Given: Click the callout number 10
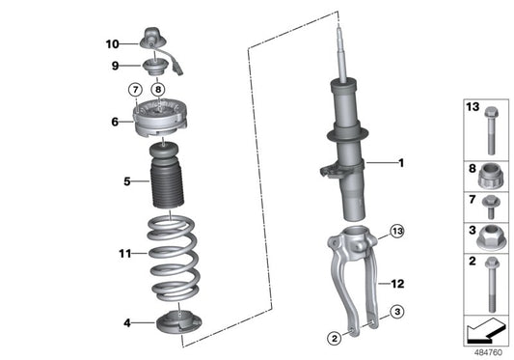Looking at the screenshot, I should click(112, 43).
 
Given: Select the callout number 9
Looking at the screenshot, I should click(114, 66).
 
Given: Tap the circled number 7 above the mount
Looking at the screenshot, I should click(135, 91).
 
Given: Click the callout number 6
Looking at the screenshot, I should click(114, 122).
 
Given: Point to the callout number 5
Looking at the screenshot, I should click(114, 180).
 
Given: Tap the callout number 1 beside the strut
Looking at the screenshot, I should click(402, 164).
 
